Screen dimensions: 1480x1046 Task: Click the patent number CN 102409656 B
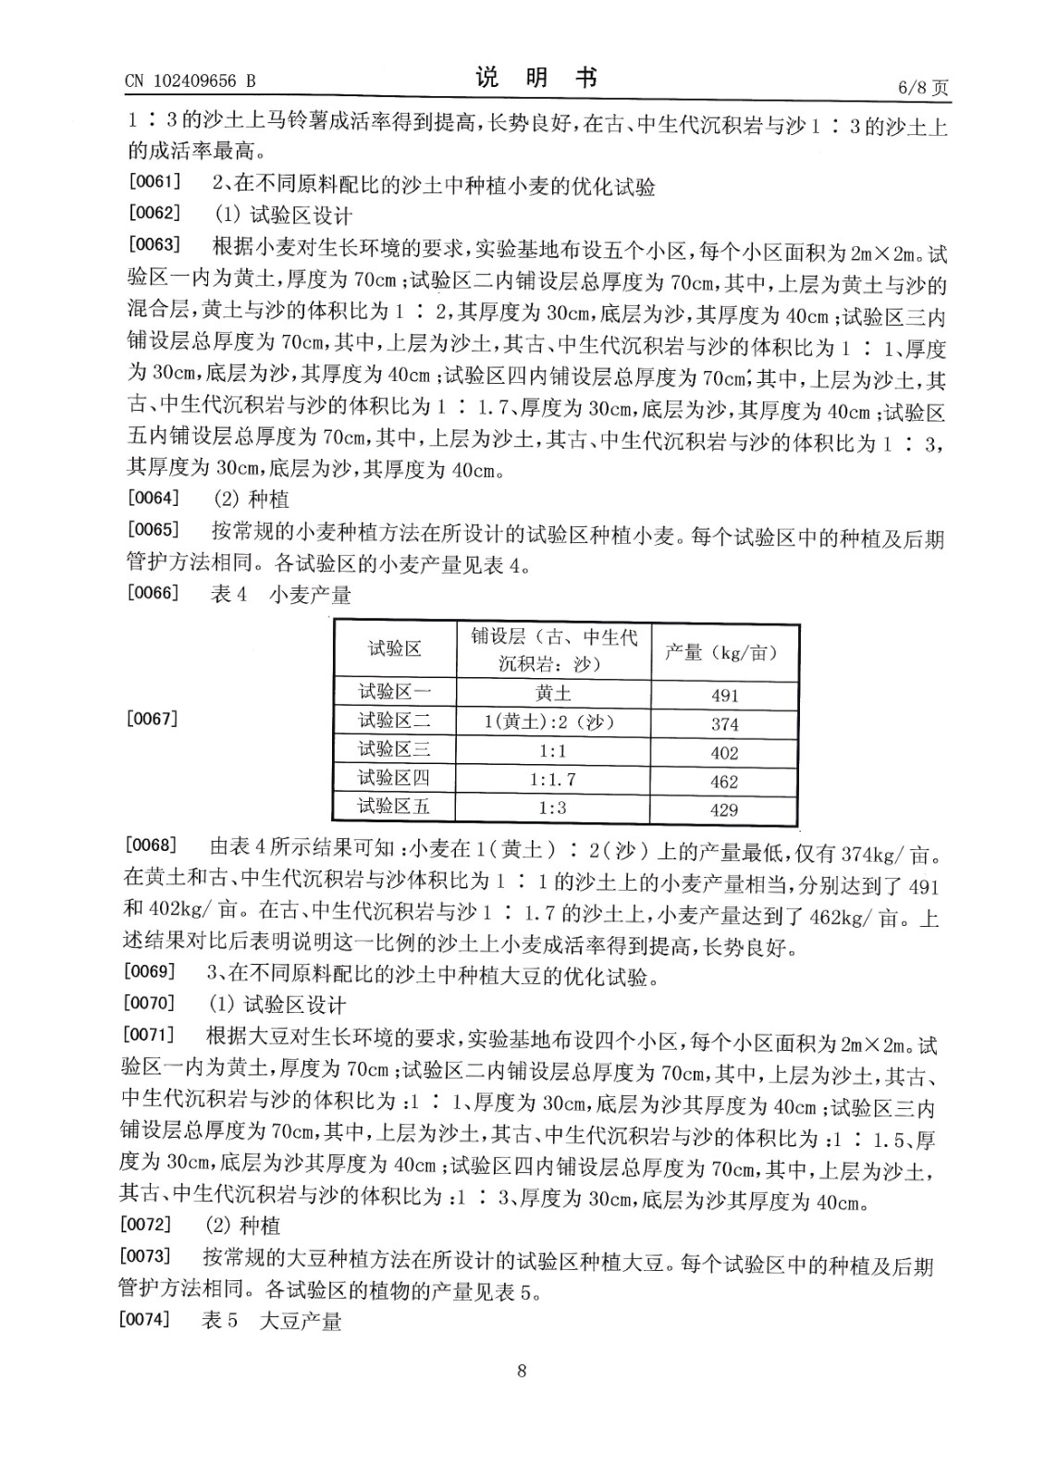[x=190, y=81]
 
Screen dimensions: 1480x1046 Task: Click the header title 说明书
[x=536, y=79]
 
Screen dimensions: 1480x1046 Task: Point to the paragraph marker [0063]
[x=154, y=244]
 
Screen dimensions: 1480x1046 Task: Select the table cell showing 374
[x=724, y=724]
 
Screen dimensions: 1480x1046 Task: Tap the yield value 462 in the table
[x=724, y=782]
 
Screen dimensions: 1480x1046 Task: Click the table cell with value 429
[x=724, y=810]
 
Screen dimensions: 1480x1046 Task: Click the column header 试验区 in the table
[x=395, y=649]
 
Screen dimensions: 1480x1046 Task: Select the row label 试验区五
[x=394, y=807]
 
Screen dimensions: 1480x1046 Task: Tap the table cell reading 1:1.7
[x=552, y=780]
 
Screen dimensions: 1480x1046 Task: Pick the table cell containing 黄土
[x=553, y=693]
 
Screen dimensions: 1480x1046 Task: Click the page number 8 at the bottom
[x=522, y=1371]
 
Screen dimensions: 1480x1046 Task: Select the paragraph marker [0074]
[x=145, y=1319]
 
